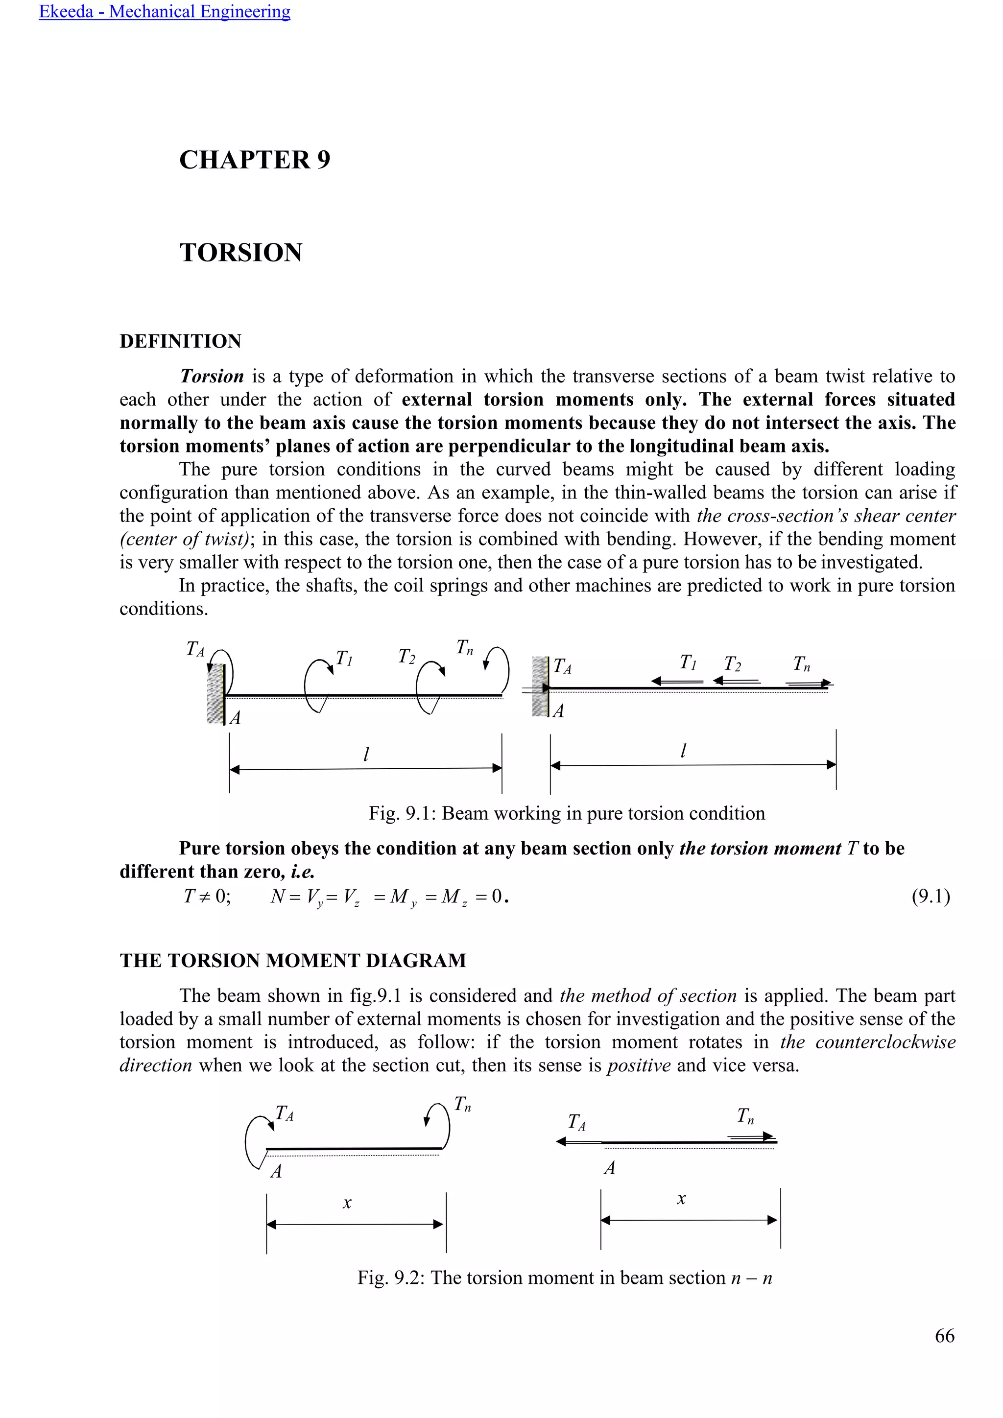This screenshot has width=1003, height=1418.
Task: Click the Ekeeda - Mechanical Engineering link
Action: coord(164,12)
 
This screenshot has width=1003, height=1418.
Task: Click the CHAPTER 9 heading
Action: coord(255,160)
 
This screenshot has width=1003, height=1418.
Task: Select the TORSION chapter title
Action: coord(241,253)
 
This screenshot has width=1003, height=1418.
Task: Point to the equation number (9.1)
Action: coord(930,896)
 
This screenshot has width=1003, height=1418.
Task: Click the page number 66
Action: coord(944,1335)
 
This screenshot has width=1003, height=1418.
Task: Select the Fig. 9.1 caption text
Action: coord(566,813)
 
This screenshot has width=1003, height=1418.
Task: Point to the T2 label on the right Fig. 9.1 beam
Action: coord(733,664)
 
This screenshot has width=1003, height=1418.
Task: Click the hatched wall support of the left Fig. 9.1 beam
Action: coord(215,693)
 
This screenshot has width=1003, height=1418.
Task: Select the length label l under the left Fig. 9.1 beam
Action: coord(366,754)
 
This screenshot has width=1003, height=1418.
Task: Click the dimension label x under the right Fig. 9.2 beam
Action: coord(681,1199)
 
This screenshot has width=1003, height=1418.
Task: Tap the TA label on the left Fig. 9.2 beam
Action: coord(284,1113)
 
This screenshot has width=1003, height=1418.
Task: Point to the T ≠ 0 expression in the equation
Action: coord(207,896)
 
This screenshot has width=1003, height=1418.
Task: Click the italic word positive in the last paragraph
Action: coord(639,1065)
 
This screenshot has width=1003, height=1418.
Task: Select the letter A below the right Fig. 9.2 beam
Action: coord(609,1168)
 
